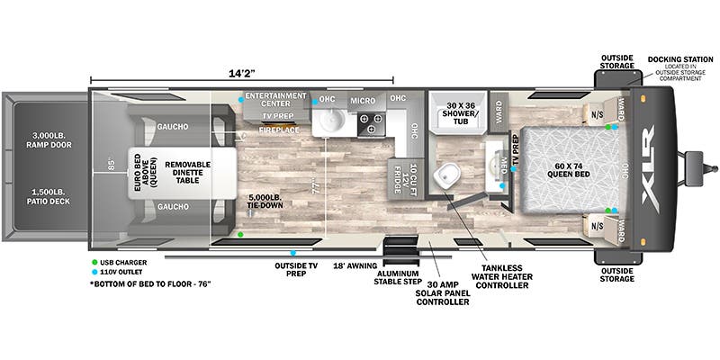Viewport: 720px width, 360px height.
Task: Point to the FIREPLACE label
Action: pos(279,130)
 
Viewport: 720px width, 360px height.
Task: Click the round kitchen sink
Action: pos(330,121)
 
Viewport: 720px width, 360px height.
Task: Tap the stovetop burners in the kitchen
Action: pos(369,123)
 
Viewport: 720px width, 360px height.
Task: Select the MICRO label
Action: pos(362,99)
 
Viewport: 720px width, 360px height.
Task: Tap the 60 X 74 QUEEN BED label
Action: pos(566,171)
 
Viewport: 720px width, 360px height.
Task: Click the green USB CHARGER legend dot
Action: pos(94,263)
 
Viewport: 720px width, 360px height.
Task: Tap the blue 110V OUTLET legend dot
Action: pos(94,273)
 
